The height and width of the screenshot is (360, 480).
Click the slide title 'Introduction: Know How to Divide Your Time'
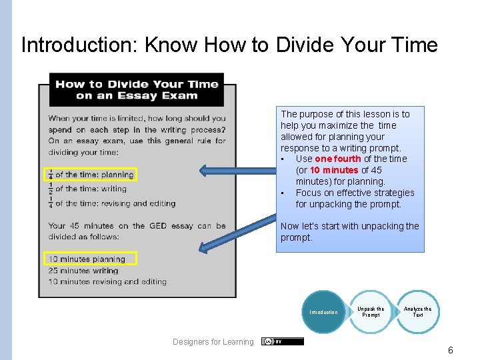click(x=229, y=45)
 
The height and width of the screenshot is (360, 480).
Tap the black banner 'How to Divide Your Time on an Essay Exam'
click(x=137, y=89)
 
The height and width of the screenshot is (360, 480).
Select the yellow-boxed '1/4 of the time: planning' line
click(x=90, y=175)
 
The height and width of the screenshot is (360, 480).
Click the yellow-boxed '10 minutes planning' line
click(x=90, y=259)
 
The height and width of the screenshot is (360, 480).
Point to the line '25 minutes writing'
click(x=83, y=271)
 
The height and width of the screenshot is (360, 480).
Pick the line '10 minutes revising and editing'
click(x=107, y=281)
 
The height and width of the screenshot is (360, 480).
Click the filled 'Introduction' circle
click(x=324, y=312)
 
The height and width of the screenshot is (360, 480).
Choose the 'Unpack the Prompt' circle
click(x=371, y=312)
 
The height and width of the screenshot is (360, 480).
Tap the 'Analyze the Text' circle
click(x=417, y=312)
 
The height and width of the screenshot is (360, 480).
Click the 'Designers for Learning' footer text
click(x=213, y=342)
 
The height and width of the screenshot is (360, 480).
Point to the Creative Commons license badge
click(x=282, y=341)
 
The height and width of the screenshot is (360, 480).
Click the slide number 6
click(x=451, y=349)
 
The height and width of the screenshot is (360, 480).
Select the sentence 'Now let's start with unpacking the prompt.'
click(x=349, y=232)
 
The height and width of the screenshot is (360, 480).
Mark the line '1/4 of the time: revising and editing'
click(x=110, y=204)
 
